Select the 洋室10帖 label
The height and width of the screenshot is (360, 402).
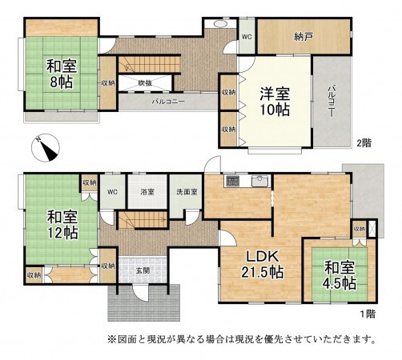273,102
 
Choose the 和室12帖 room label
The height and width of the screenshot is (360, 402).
62,225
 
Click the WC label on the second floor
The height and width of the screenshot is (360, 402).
247,36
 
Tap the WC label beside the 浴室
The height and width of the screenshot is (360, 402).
112,192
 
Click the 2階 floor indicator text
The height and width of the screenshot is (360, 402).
365,143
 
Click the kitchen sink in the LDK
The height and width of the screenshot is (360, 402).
259,180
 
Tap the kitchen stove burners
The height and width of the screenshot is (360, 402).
232,180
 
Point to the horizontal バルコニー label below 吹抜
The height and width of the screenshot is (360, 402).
170,102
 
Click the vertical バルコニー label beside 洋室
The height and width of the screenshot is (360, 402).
330,101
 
